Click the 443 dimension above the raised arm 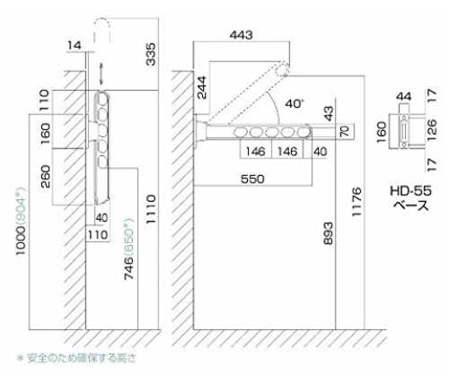coord(242,35)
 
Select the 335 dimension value coord(151,54)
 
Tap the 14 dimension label coord(75,46)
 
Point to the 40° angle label coord(295,104)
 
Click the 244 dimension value coord(202,88)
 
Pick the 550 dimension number coord(252,179)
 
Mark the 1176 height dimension coord(357,202)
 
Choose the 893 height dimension coord(328,233)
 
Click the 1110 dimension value coord(151,209)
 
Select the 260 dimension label coord(45,176)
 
